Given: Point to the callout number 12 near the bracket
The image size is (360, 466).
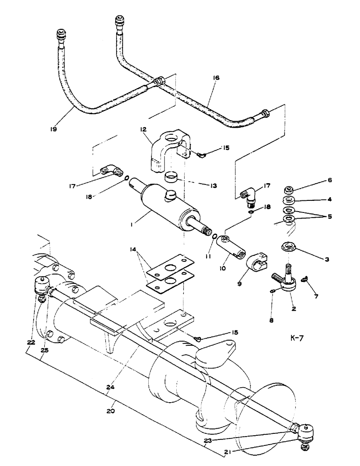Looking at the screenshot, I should tap(143, 128).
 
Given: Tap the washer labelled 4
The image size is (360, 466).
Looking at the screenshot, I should tap(289, 201).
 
